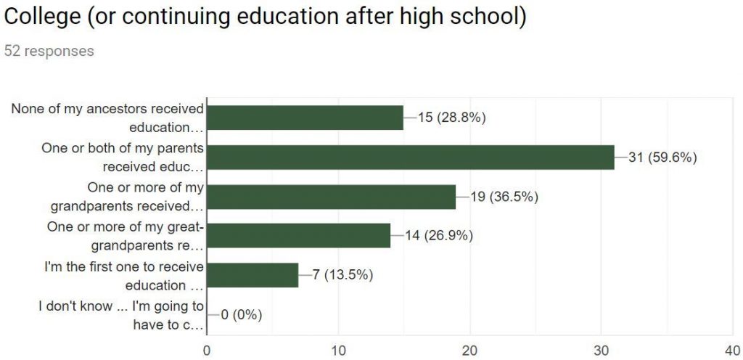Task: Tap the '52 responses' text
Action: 49,51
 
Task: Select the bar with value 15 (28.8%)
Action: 305,118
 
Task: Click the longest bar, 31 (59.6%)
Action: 411,157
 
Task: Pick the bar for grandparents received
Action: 332,197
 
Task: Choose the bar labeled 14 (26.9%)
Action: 299,235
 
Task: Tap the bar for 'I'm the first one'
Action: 253,275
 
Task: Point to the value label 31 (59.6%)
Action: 662,157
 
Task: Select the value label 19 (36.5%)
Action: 504,197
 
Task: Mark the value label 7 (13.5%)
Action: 342,275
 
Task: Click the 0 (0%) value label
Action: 242,314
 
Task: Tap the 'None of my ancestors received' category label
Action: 107,118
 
